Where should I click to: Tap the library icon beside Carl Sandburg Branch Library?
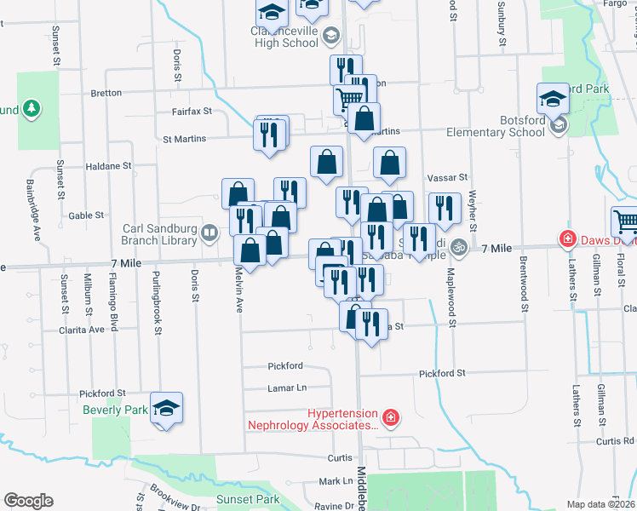(209, 230)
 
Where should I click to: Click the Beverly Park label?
(116, 410)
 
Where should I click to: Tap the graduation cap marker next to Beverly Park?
(167, 408)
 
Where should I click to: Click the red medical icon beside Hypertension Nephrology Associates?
(390, 417)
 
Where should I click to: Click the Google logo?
(28, 501)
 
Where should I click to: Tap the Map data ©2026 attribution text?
(600, 504)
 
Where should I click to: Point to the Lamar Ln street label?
(288, 388)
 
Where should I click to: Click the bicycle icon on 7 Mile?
(459, 247)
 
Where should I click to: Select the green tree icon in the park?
(32, 108)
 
